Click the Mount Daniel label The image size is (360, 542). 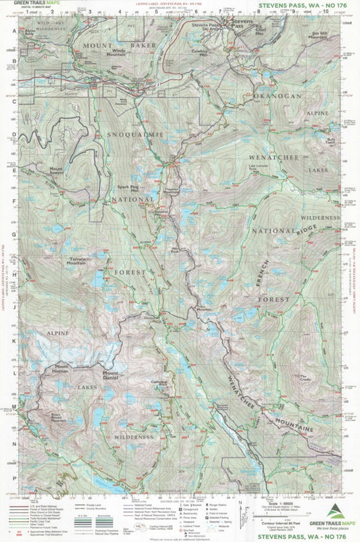pos(110,374)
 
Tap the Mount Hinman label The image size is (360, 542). pos(56,368)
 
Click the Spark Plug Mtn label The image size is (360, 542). pos(130,190)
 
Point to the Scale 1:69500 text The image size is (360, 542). pos(267,505)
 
